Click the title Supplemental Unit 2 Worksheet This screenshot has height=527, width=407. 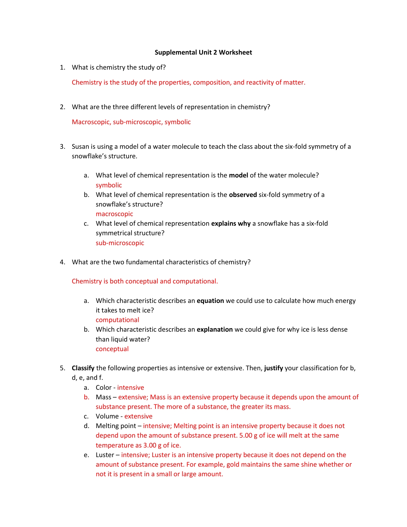pos(203,52)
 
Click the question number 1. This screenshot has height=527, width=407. pos(62,67)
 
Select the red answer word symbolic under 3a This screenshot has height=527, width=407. pos(109,185)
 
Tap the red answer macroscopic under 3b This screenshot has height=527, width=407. pos(114,214)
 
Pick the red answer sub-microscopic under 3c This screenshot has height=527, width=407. pos(120,243)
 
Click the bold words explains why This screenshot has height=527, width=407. pos(230,223)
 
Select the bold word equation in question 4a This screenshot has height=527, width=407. pos(210,301)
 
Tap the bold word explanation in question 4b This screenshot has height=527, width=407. pos(215,329)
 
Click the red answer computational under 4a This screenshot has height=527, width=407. pos(117,320)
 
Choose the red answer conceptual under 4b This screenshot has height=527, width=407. pos(112,349)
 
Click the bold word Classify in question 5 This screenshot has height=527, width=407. pos(83,368)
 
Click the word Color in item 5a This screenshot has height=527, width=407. pos(103,388)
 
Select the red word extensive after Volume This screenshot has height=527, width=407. pos(138,416)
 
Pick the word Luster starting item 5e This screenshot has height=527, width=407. pos(105,455)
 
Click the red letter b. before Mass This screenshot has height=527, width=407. pos(87,397)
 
